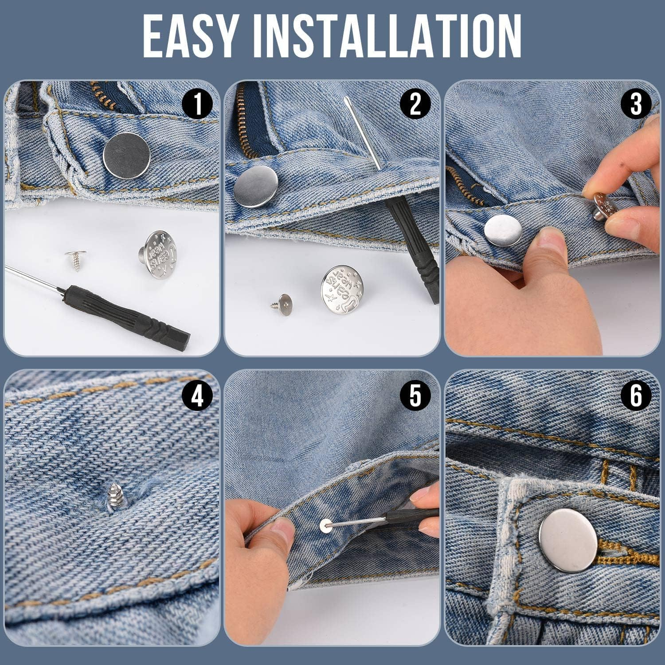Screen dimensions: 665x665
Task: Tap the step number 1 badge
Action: [197, 106]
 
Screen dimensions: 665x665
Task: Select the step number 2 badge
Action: [415, 106]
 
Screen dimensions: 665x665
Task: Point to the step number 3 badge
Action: [636, 106]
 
